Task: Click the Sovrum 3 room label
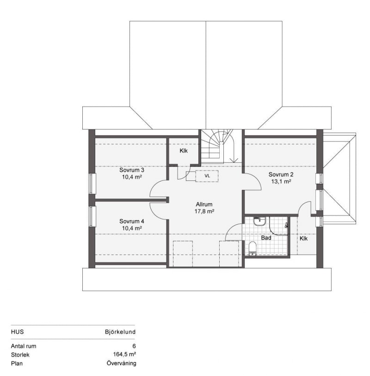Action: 132,170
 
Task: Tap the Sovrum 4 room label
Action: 132,221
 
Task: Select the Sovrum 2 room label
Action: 281,174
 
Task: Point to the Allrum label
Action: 204,204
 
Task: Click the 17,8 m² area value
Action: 204,211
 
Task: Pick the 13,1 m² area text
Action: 281,181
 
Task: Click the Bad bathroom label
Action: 266,238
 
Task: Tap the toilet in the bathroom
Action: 252,248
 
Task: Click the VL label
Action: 207,176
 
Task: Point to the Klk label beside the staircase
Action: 184,151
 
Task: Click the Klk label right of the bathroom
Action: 303,238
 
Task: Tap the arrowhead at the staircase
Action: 234,160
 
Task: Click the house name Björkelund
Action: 120,332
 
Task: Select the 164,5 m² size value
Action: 124,354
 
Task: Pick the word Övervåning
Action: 121,363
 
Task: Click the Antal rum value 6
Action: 134,346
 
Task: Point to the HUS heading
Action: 17,332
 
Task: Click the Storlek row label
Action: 20,355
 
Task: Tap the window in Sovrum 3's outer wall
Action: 92,184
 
